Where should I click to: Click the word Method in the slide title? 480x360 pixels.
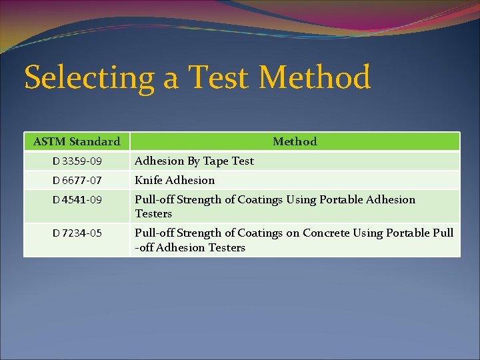(314, 77)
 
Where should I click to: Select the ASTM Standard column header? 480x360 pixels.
(77, 141)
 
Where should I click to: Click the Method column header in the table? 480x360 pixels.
(295, 141)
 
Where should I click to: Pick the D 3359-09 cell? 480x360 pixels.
(77, 161)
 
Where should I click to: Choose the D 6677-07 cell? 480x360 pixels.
(77, 181)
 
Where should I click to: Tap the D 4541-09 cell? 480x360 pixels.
(77, 200)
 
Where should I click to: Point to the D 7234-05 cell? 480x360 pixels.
(77, 233)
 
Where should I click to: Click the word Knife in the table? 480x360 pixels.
(149, 181)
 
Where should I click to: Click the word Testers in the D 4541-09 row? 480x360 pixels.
(153, 214)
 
